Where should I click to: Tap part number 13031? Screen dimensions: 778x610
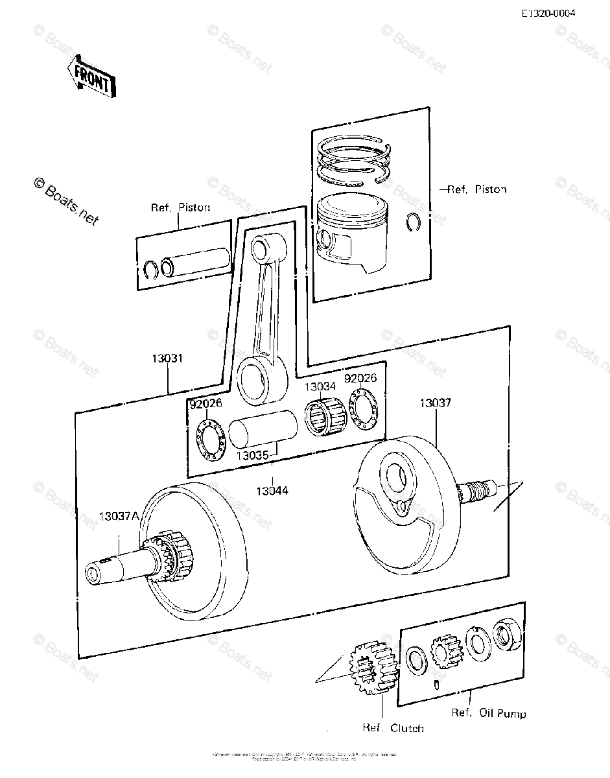click(x=168, y=359)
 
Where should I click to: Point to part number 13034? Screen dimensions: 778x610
click(x=320, y=387)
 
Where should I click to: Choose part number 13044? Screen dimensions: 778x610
click(x=271, y=491)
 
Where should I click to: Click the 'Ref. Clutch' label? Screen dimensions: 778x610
click(x=393, y=728)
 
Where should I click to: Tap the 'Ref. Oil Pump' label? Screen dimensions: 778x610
click(x=489, y=713)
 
